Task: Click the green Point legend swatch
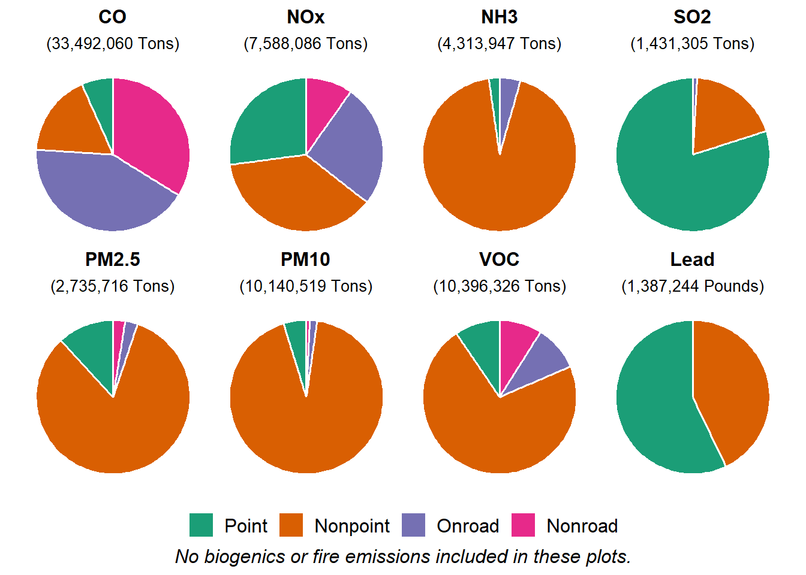[x=201, y=525]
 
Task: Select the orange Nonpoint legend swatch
[x=291, y=525]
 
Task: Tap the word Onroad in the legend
[x=468, y=526]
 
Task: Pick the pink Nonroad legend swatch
[x=523, y=525]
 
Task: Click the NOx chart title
[x=306, y=17]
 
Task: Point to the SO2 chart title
[x=692, y=17]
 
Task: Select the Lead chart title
[x=692, y=259]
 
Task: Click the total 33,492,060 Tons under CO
[x=113, y=44]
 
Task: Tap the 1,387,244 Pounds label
[x=693, y=286]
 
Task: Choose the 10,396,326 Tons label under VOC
[x=500, y=286]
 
